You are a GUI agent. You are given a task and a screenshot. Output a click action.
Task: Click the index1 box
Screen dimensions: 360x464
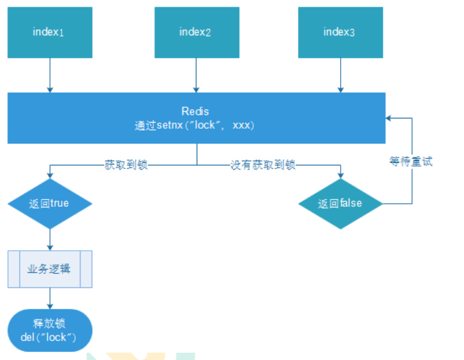pos(49,32)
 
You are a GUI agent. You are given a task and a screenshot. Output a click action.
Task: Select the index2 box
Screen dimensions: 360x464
pos(196,32)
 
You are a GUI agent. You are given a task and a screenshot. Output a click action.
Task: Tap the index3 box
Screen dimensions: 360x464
pos(340,32)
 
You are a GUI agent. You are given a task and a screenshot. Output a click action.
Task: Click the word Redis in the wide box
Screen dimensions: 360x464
pos(195,112)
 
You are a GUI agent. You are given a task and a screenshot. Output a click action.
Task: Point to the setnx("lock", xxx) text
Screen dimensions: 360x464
pos(195,126)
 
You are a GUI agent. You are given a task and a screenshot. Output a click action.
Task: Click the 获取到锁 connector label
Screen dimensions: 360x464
pos(126,165)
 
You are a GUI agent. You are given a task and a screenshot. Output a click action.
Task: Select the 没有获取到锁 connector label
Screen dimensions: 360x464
pos(263,165)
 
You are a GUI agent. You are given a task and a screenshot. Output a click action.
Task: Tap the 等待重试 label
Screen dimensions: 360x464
pos(411,162)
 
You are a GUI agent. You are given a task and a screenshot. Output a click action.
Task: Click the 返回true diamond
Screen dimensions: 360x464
pos(49,204)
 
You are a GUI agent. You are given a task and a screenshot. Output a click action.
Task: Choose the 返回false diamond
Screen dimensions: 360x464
pos(340,204)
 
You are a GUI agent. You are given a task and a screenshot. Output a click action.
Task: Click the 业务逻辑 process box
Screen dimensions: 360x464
pos(49,268)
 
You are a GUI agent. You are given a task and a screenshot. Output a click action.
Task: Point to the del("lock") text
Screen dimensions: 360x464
pos(49,336)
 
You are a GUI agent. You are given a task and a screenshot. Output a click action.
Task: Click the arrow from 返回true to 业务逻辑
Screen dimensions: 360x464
pos(49,239)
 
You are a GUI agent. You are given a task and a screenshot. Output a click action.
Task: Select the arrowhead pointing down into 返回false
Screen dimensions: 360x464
pos(340,175)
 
